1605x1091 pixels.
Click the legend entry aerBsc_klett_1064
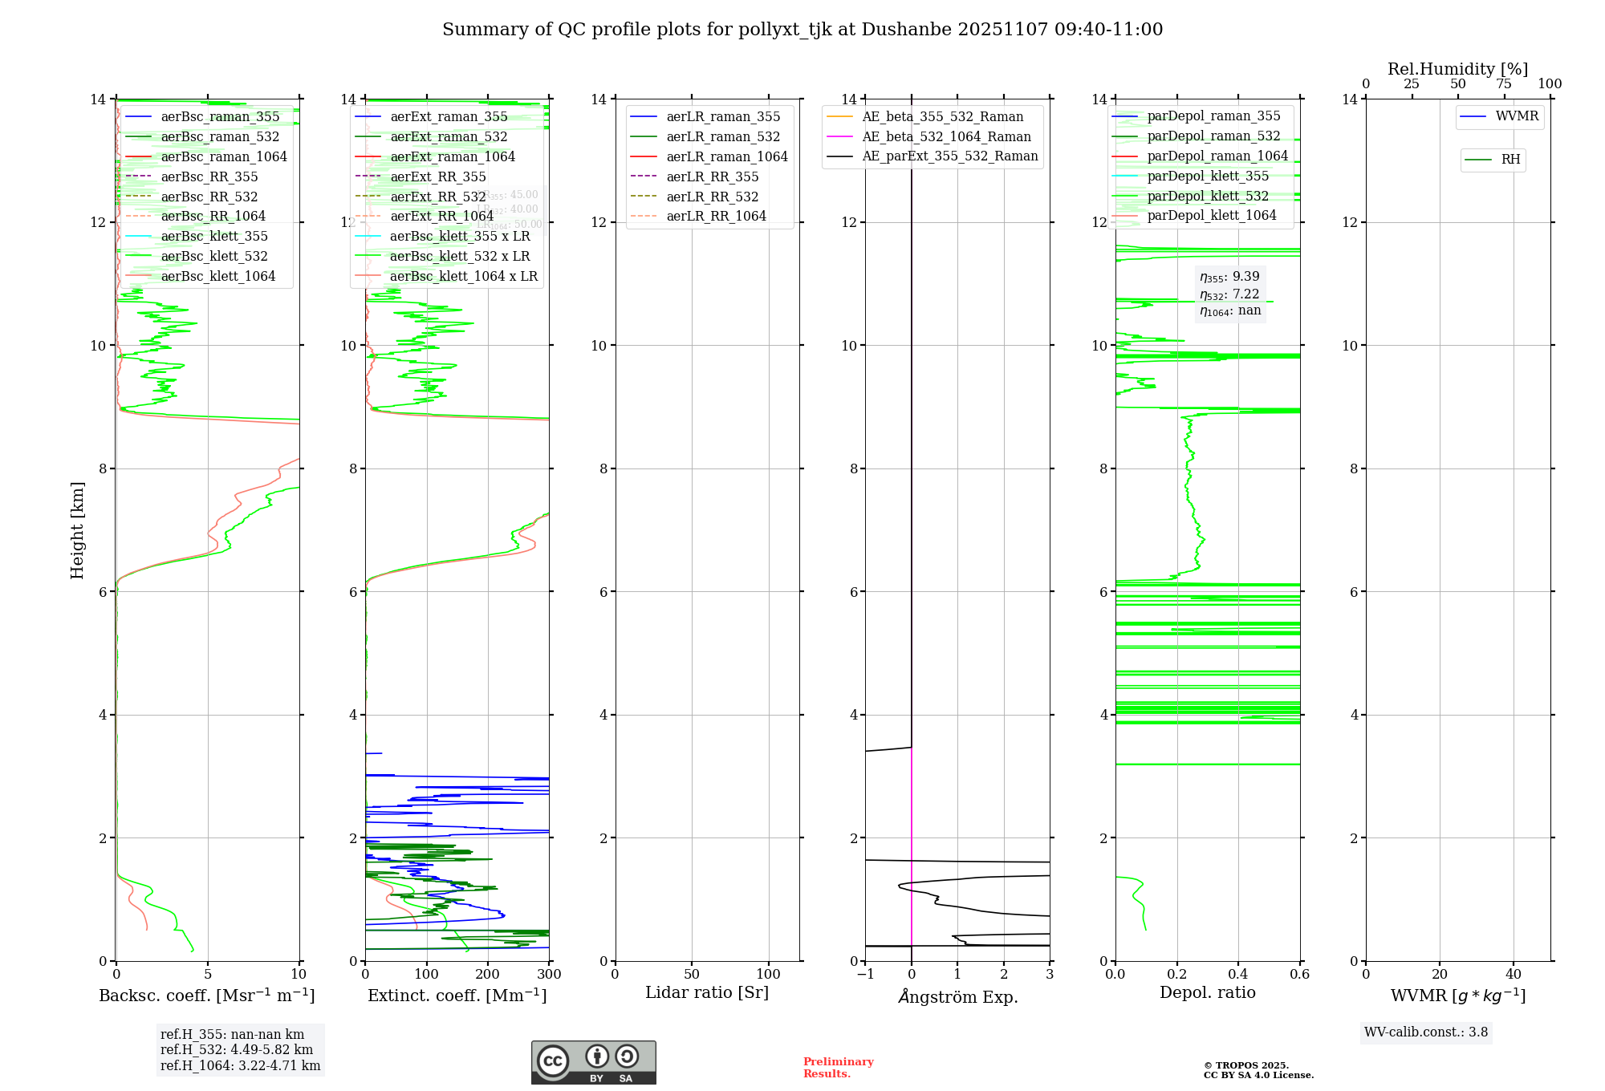(x=217, y=276)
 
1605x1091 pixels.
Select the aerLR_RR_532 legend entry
(x=712, y=197)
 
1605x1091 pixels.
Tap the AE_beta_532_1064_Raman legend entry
(x=946, y=136)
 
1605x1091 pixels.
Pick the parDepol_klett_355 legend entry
(x=1208, y=176)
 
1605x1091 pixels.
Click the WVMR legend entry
(x=1517, y=116)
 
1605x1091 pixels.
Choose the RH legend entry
(x=1510, y=160)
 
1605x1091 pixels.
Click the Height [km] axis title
(x=77, y=529)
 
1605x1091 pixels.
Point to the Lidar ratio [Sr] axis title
(x=707, y=992)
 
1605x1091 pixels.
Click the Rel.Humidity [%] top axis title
(x=1457, y=69)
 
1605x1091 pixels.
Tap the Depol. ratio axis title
(x=1207, y=992)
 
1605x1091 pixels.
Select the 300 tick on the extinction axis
(x=549, y=975)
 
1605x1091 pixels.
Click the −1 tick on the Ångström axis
(x=864, y=975)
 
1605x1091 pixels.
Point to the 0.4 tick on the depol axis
(x=1238, y=975)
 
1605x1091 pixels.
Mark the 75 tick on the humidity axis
(x=1504, y=84)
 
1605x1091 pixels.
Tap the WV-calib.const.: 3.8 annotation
(x=1425, y=1032)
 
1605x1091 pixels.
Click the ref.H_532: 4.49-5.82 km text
(x=237, y=1050)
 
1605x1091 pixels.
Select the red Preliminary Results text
(x=838, y=1068)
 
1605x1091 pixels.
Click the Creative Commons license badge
(x=593, y=1062)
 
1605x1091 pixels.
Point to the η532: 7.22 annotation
(x=1229, y=294)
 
